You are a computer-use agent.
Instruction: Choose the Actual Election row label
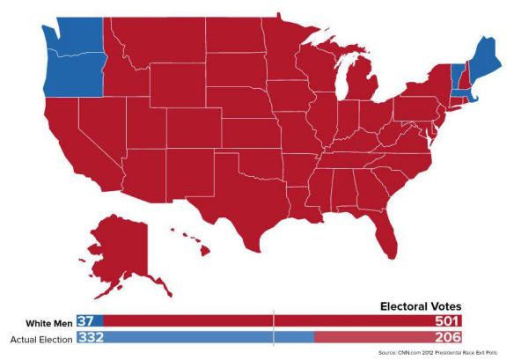[40, 338]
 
